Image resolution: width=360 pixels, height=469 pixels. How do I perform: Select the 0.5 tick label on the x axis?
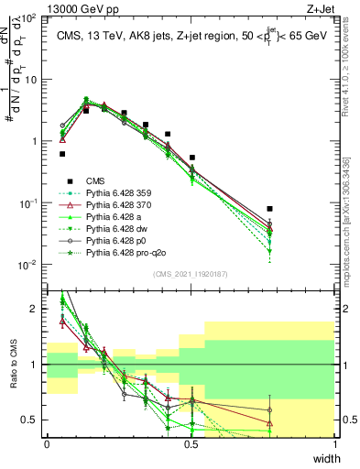click(x=191, y=445)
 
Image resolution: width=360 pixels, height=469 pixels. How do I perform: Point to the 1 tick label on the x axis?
click(x=335, y=445)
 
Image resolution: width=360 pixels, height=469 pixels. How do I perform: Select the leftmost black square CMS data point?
click(x=62, y=154)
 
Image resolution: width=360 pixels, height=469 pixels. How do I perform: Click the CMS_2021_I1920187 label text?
click(x=191, y=274)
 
